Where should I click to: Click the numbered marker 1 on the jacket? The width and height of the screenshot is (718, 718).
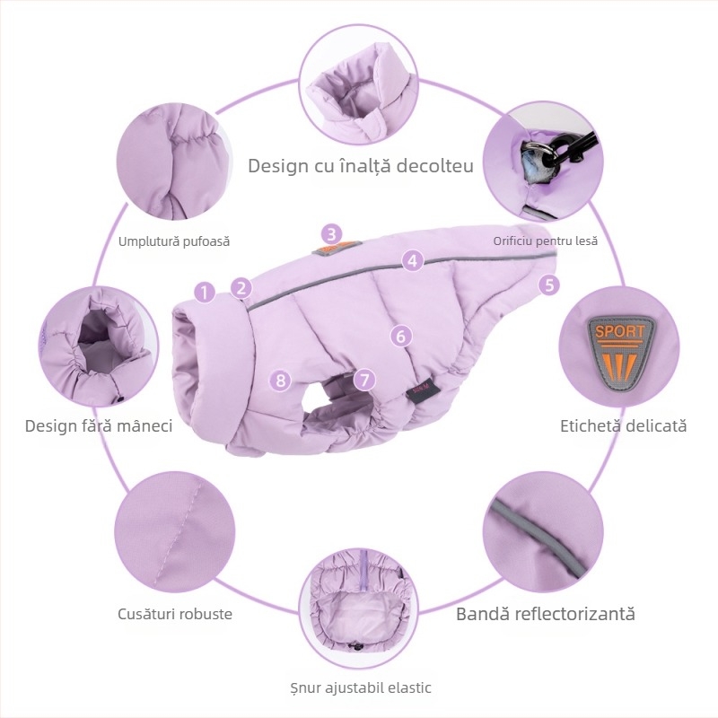pyautogui.click(x=205, y=292)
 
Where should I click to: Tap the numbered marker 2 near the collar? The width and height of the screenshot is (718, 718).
pyautogui.click(x=241, y=288)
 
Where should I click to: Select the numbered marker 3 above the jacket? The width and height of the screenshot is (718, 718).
pyautogui.click(x=331, y=234)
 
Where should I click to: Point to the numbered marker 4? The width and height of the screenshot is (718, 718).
pyautogui.click(x=413, y=260)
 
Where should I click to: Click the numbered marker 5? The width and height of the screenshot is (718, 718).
pyautogui.click(x=548, y=285)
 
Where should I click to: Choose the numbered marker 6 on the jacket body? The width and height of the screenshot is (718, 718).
pyautogui.click(x=401, y=336)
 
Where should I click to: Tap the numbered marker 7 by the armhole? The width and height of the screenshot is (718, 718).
pyautogui.click(x=364, y=380)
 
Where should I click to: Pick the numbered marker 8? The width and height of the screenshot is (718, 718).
pyautogui.click(x=281, y=380)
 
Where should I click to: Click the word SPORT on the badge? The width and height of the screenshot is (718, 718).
pyautogui.click(x=619, y=331)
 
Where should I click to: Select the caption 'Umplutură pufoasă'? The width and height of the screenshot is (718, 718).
pyautogui.click(x=174, y=241)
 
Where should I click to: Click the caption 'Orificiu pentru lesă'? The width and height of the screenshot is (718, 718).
pyautogui.click(x=546, y=241)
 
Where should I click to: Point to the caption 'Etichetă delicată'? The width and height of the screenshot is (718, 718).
pyautogui.click(x=623, y=425)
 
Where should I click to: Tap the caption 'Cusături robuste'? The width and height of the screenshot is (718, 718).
pyautogui.click(x=175, y=614)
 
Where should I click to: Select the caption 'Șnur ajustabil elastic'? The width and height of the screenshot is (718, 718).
pyautogui.click(x=361, y=687)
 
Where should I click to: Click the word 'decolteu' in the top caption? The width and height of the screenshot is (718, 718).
pyautogui.click(x=435, y=165)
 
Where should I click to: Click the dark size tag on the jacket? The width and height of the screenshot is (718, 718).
pyautogui.click(x=423, y=390)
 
